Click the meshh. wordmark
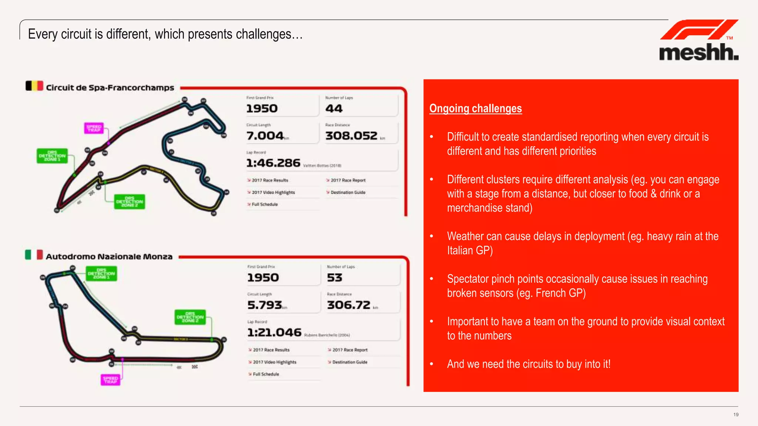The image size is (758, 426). coord(698,53)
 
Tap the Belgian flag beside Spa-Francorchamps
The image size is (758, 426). coord(34,86)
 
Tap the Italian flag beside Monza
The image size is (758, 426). coord(34,255)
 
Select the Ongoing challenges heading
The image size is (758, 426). coord(475,108)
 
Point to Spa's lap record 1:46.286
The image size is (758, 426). coord(273,163)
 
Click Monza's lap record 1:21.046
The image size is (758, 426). coord(274,332)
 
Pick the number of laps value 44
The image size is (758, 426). coord(334,109)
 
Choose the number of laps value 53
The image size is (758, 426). coord(335,278)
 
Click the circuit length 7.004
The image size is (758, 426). coord(265,136)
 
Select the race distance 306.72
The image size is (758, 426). coord(349,305)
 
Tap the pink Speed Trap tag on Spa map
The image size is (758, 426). coord(94,128)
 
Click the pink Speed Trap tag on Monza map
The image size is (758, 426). coord(110,380)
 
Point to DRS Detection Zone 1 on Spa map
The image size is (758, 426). coord(52,156)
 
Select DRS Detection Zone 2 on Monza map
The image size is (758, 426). coord(190,317)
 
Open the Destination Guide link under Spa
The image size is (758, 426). coord(348,192)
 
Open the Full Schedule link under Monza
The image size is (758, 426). coord(266,374)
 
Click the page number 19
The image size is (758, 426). coord(736,415)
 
